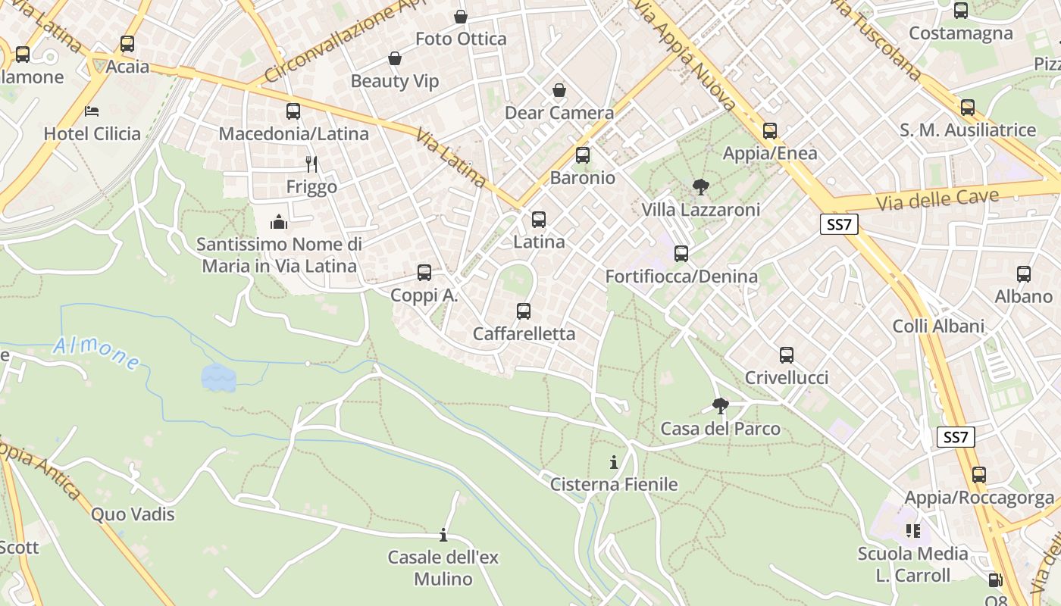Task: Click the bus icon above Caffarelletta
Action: (523, 311)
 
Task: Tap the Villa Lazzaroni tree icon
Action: (700, 186)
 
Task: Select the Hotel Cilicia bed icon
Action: (92, 111)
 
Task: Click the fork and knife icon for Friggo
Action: (311, 164)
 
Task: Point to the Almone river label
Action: (96, 354)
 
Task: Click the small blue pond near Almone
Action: (218, 377)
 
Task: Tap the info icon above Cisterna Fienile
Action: (614, 462)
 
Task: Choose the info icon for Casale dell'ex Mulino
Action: (443, 536)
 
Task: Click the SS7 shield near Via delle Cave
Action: (838, 224)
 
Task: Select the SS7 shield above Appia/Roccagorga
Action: (955, 437)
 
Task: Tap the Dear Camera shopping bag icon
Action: (559, 91)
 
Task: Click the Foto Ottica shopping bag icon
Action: (461, 17)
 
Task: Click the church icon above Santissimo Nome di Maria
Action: (279, 222)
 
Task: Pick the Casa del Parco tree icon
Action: (720, 407)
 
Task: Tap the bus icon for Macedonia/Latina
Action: (293, 111)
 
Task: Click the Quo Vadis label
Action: (133, 514)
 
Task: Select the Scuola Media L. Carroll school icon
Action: (912, 531)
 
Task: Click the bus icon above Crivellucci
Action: (787, 355)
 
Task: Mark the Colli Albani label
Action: (938, 326)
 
